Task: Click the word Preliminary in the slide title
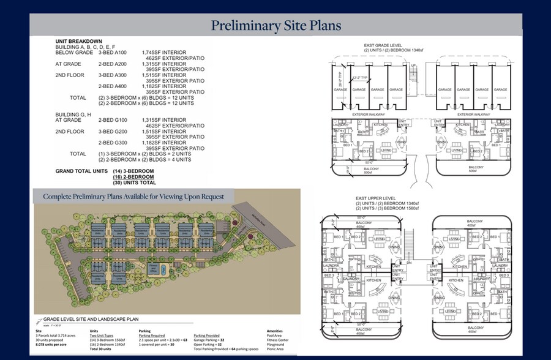244,26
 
